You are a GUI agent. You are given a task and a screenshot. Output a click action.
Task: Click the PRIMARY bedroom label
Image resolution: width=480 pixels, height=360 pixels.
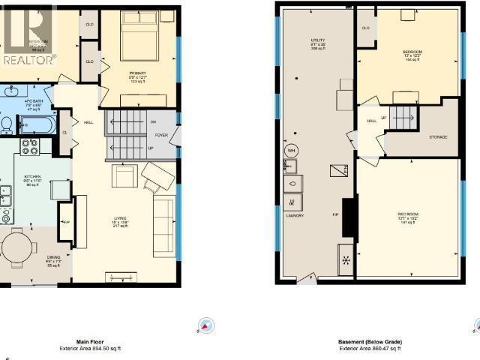136,73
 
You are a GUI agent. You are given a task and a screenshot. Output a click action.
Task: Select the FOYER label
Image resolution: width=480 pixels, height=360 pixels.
162,136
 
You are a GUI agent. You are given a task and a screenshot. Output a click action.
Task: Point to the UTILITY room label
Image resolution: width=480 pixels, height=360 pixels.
317,40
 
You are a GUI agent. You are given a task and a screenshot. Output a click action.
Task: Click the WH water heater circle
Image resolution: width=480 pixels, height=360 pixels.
291,150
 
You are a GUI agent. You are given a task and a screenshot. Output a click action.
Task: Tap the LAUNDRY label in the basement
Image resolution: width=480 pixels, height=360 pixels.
293,215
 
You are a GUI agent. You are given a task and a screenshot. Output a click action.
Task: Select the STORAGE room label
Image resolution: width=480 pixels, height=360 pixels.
438,137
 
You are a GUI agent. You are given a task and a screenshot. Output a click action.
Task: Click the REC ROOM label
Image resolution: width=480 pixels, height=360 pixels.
407,215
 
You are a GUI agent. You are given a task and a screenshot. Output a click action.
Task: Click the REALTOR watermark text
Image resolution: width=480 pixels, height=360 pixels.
30,60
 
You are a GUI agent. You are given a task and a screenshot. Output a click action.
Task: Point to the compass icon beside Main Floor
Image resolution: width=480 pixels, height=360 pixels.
206,325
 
